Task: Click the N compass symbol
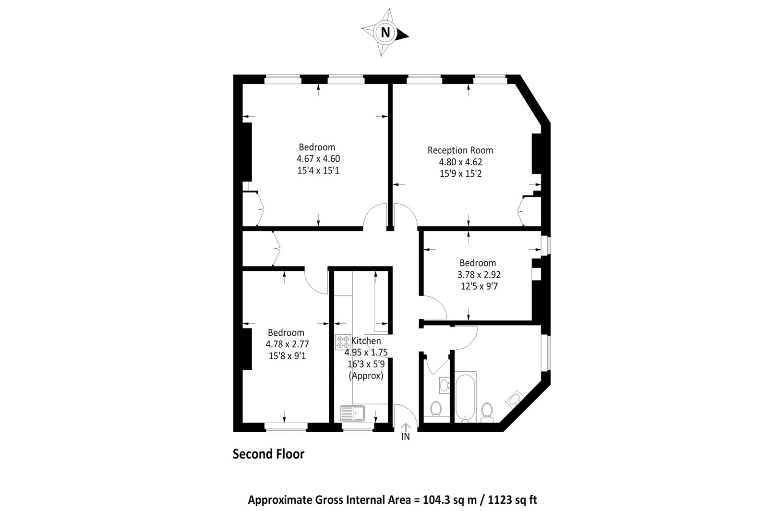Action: tap(385, 33)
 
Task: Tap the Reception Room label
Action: tap(460, 150)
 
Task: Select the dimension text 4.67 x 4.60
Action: tap(318, 158)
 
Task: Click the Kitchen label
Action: tap(367, 341)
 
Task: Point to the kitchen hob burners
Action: tap(343, 341)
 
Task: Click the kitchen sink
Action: tap(353, 413)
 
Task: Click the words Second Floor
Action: tap(268, 454)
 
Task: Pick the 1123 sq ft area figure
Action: tap(511, 499)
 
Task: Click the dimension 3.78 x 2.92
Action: tap(477, 275)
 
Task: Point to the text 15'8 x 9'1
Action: tap(287, 356)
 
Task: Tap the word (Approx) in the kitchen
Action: tap(366, 376)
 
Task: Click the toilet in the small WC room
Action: tap(436, 409)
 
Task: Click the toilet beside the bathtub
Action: tap(487, 411)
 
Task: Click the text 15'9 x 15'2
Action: tap(460, 173)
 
